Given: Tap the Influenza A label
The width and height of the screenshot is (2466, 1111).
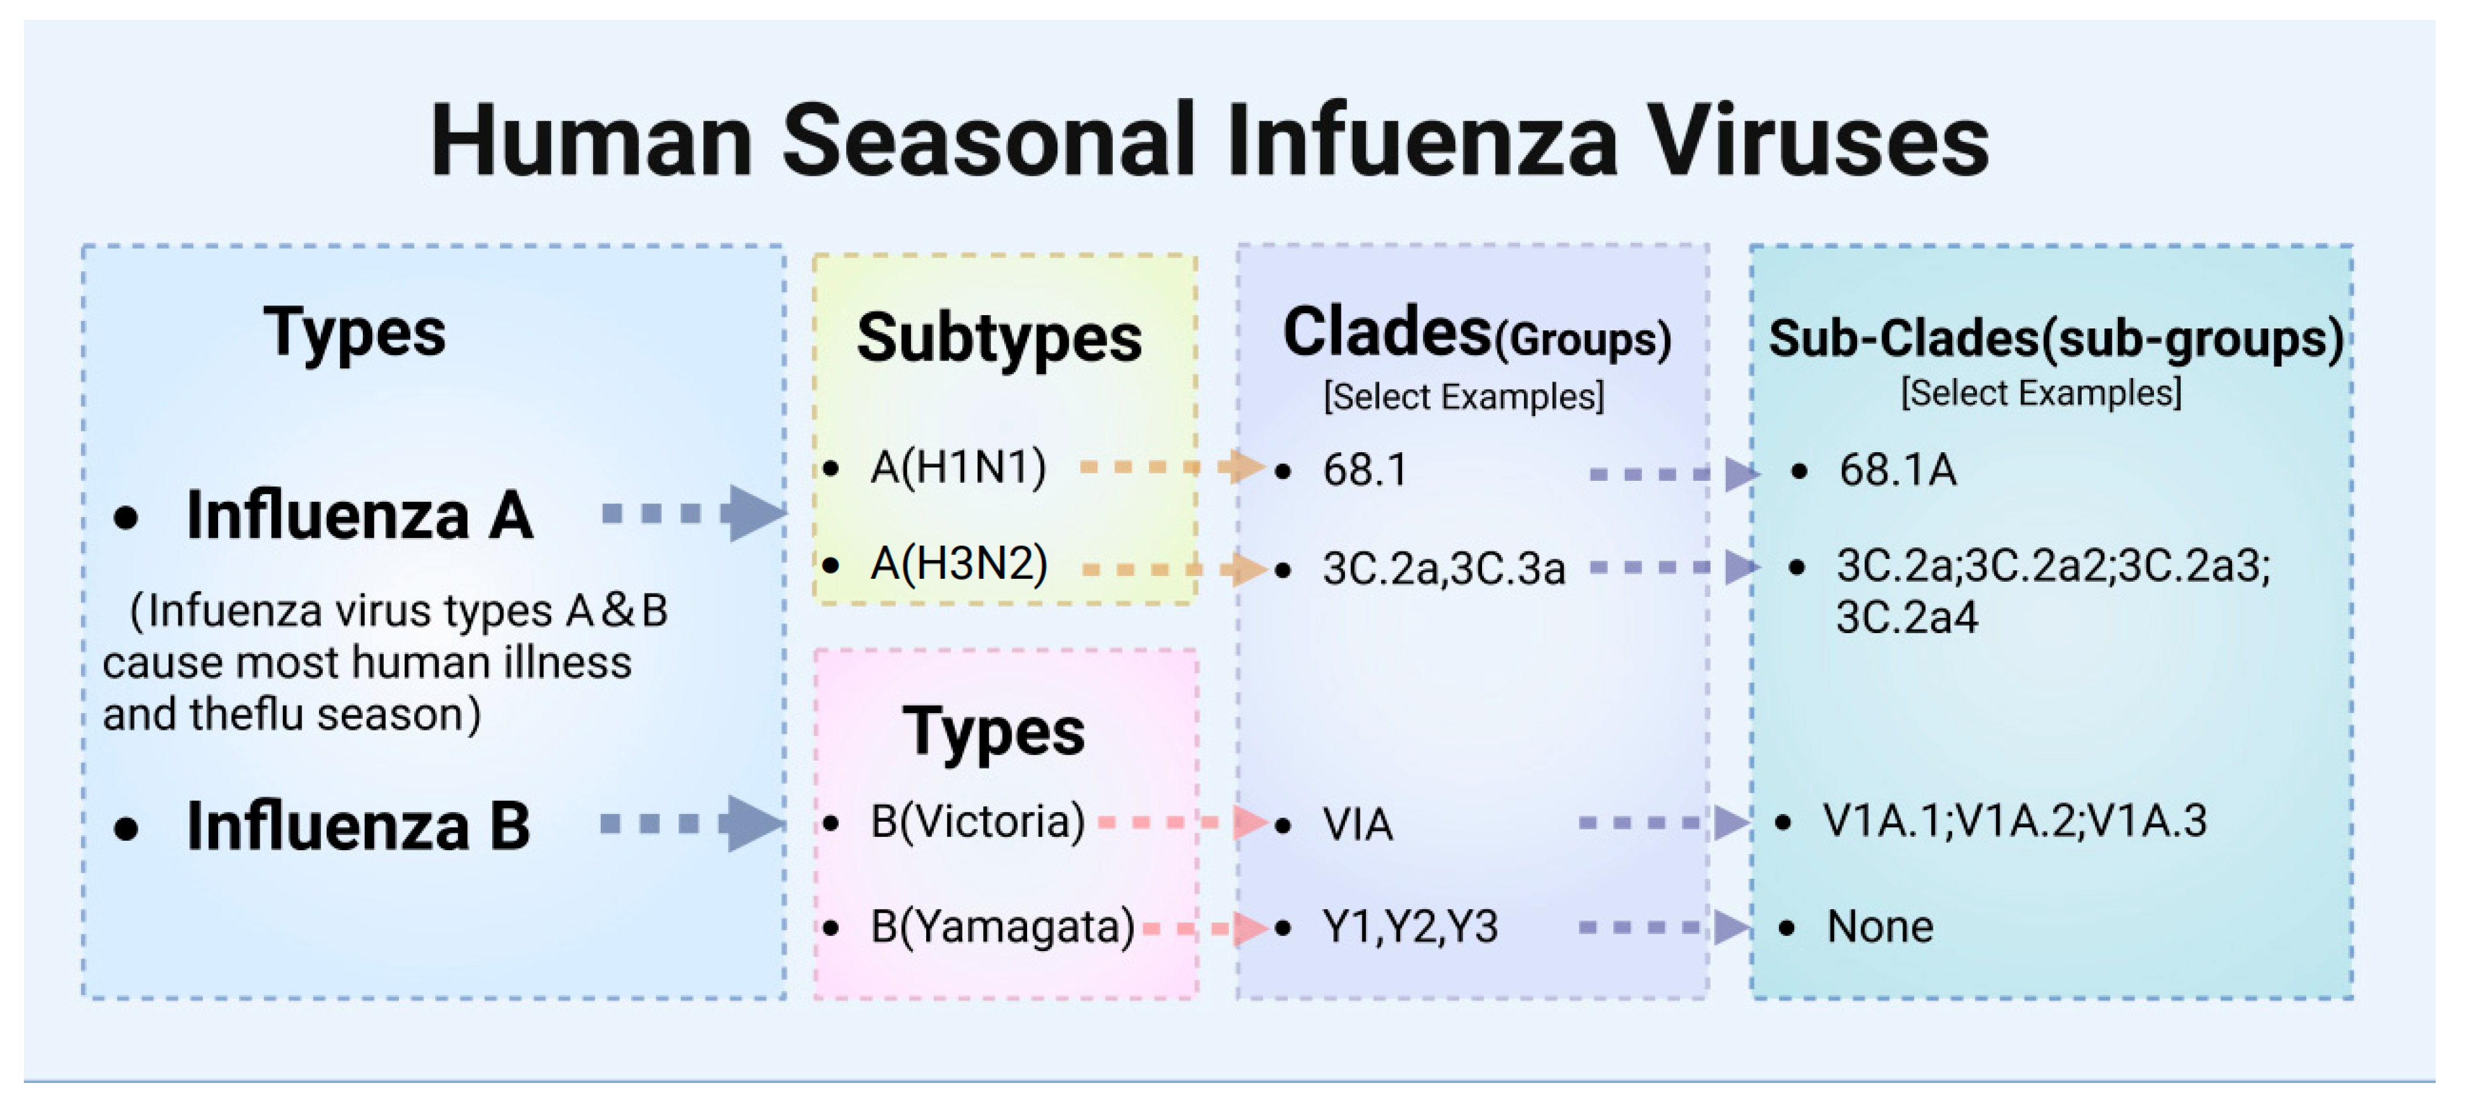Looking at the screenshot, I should point(359,515).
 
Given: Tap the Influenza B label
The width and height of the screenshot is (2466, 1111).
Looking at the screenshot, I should point(358,826).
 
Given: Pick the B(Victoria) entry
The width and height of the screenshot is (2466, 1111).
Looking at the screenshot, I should point(976,822).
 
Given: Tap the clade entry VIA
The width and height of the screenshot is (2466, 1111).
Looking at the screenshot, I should point(1357,824).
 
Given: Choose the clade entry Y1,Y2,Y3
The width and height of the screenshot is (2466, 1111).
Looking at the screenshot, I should point(1409,926).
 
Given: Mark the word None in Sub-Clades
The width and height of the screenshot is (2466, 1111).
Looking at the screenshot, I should point(1879,926).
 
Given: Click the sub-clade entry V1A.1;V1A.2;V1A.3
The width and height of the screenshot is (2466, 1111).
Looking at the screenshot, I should point(2014,821).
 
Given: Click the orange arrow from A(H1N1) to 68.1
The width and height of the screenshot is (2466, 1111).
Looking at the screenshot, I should point(1173,467).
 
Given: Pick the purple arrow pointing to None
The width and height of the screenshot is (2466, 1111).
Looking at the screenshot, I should point(1666,926).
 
